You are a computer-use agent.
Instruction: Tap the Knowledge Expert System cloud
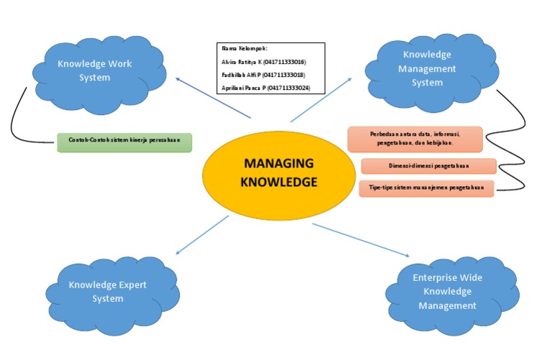point(107,291)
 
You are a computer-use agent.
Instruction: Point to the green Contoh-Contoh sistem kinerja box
point(125,140)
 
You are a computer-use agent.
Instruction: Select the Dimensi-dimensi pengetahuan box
point(428,166)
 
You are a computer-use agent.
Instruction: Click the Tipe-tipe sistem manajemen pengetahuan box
point(426,188)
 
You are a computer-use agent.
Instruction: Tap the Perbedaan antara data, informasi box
point(415,139)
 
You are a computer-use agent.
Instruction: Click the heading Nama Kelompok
point(240,49)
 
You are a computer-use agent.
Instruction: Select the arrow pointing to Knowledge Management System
point(321,99)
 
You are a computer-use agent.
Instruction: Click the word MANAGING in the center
point(278,163)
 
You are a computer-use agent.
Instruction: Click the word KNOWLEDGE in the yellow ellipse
point(278,183)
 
